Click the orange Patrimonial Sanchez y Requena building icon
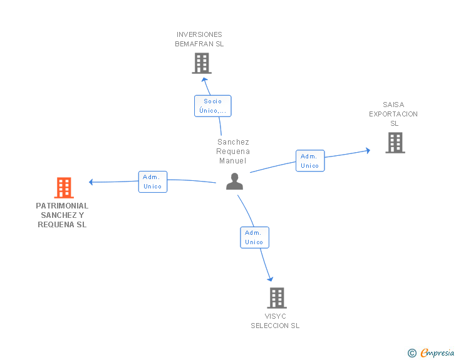pyautogui.click(x=63, y=187)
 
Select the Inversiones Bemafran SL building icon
pyautogui.click(x=201, y=63)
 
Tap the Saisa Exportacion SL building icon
pyautogui.click(x=395, y=143)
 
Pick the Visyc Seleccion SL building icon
pyautogui.click(x=277, y=298)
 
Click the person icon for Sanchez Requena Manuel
pyautogui.click(x=234, y=182)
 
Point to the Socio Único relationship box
pyautogui.click(x=213, y=106)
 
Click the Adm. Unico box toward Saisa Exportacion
pyautogui.click(x=310, y=161)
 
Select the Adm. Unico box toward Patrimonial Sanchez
pyautogui.click(x=153, y=182)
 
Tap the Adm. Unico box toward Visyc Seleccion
pyautogui.click(x=254, y=237)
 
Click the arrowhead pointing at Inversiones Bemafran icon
pyautogui.click(x=202, y=80)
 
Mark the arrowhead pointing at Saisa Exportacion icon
pyautogui.click(x=368, y=150)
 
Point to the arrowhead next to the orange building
pyautogui.click(x=91, y=182)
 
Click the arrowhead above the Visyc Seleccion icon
pyautogui.click(x=271, y=279)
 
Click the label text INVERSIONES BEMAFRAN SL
pyautogui.click(x=199, y=39)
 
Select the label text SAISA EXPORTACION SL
pyautogui.click(x=393, y=114)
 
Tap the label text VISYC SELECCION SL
pyautogui.click(x=275, y=321)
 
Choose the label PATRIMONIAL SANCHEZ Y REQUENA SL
pyautogui.click(x=62, y=215)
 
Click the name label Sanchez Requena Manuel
pyautogui.click(x=233, y=152)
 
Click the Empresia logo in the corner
pyautogui.click(x=437, y=352)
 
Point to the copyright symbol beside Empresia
pyautogui.click(x=412, y=353)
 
